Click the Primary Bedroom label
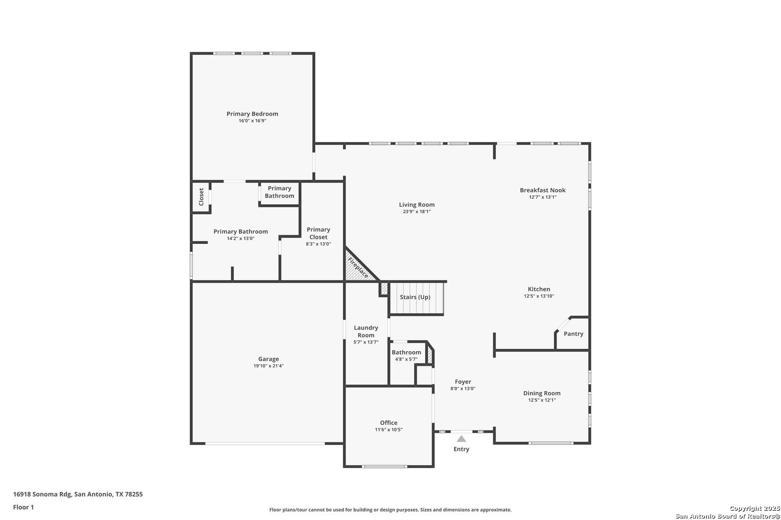point(252,114)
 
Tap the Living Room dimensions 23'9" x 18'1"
point(417,212)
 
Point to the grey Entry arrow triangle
point(461,439)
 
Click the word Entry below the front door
point(461,449)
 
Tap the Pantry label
point(574,334)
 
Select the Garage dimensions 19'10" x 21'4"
point(268,366)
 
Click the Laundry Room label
point(366,331)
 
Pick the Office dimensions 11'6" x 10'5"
point(389,430)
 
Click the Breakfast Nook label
point(542,190)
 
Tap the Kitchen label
point(539,289)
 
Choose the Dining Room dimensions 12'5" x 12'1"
point(542,400)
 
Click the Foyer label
point(463,381)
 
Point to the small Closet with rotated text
point(201,197)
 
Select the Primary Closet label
point(318,233)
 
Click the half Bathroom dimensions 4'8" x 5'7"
point(406,360)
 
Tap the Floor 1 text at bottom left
point(23,507)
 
